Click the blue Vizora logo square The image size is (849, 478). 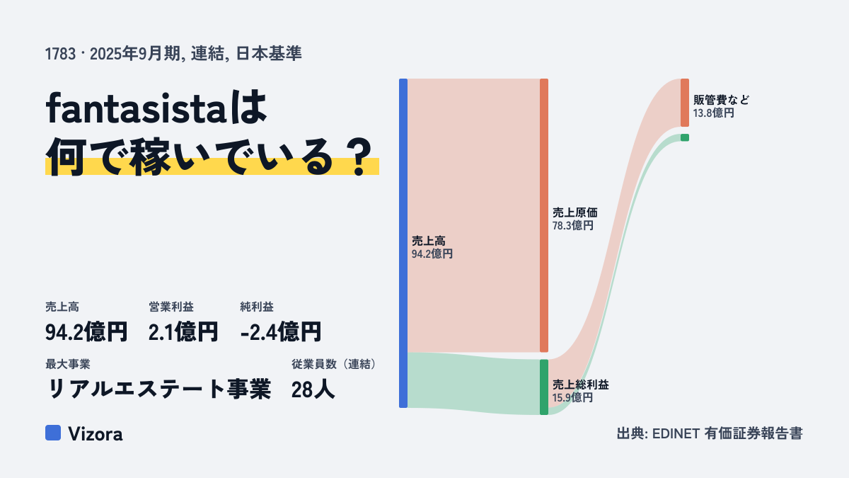pos(53,433)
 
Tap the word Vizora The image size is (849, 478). pos(96,433)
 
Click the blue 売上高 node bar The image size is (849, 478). pos(403,243)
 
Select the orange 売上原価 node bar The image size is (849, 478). pos(544,215)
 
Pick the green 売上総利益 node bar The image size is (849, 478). pos(544,387)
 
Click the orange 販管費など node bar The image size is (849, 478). pos(685,103)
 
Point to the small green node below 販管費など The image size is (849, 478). pos(685,137)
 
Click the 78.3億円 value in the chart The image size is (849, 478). pos(572,226)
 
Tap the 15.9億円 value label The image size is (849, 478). pos(572,397)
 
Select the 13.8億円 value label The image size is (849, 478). pos(714,113)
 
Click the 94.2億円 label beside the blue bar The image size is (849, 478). pos(432,254)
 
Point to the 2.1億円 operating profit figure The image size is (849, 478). pos(183,332)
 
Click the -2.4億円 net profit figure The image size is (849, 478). pos(281,332)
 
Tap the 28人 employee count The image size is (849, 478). pos(313,389)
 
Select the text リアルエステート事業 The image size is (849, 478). pos(158,389)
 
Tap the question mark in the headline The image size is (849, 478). pos(359,157)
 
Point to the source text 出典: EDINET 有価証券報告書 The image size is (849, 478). pos(710,433)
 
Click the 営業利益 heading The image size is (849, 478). pos(171,307)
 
